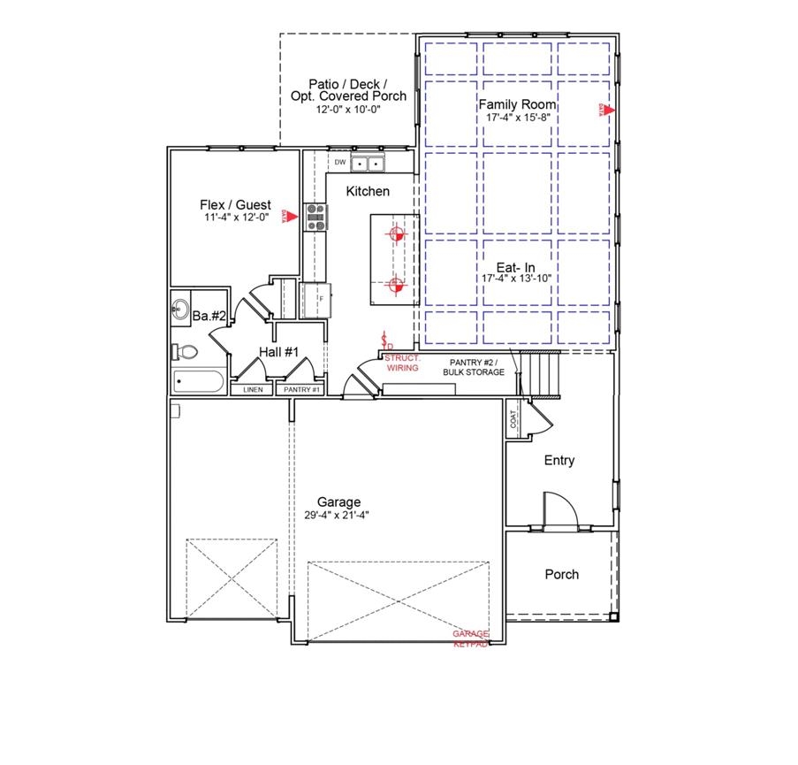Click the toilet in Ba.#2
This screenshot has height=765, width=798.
(x=185, y=352)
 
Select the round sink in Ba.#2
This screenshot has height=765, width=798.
(x=179, y=310)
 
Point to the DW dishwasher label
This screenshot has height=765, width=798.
(x=339, y=163)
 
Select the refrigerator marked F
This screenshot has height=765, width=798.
(x=316, y=299)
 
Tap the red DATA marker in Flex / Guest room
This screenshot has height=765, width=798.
(x=285, y=216)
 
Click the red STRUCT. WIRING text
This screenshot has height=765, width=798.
(x=402, y=363)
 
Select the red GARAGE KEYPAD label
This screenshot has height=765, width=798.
(x=471, y=639)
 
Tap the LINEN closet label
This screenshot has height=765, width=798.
(x=253, y=389)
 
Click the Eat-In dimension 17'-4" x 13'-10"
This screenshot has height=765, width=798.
(x=518, y=278)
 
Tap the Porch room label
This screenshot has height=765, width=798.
(x=561, y=574)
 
